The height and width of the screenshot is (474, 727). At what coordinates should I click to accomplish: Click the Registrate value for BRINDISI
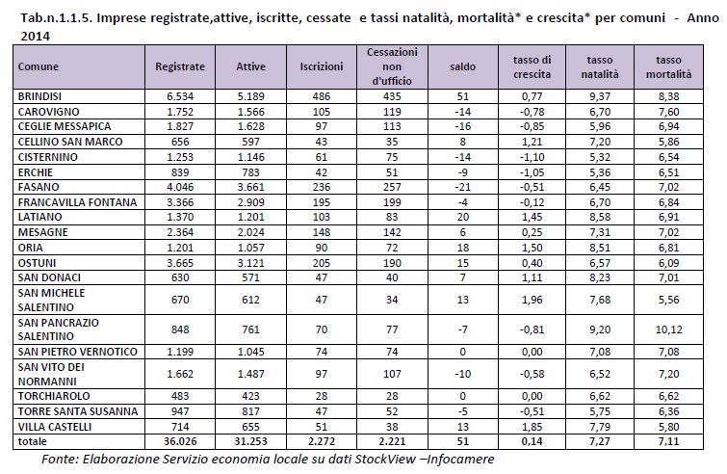[x=180, y=96]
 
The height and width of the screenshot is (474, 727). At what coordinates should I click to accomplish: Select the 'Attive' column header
[x=250, y=66]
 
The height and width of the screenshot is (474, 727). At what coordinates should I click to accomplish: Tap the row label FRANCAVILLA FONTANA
[x=77, y=202]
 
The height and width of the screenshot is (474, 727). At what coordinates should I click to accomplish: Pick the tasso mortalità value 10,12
[x=668, y=329]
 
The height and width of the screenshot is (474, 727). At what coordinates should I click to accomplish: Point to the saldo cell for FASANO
[x=463, y=187]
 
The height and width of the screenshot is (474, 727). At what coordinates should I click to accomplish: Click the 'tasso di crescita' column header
[x=532, y=66]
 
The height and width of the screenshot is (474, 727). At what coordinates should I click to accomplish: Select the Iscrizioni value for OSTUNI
[x=322, y=263]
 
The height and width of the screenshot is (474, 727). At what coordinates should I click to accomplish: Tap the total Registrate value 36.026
[x=180, y=441]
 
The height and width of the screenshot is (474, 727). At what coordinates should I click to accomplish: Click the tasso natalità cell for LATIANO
[x=600, y=217]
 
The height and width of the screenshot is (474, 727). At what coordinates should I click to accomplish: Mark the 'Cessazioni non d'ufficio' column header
[x=392, y=66]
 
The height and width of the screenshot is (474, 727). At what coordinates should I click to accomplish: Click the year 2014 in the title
[x=36, y=37]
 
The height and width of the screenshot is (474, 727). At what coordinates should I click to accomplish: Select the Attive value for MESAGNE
[x=250, y=232]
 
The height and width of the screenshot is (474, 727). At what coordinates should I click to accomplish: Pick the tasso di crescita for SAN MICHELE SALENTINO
[x=532, y=300]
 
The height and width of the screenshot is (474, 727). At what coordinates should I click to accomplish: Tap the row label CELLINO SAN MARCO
[x=70, y=142]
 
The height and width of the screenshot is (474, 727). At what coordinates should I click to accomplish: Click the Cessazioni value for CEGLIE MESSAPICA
[x=392, y=126]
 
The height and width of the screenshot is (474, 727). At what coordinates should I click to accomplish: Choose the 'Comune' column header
[x=39, y=66]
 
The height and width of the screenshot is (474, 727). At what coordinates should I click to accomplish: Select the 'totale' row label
[x=33, y=441]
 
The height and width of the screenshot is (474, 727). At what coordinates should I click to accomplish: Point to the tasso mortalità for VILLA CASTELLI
[x=668, y=427]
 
